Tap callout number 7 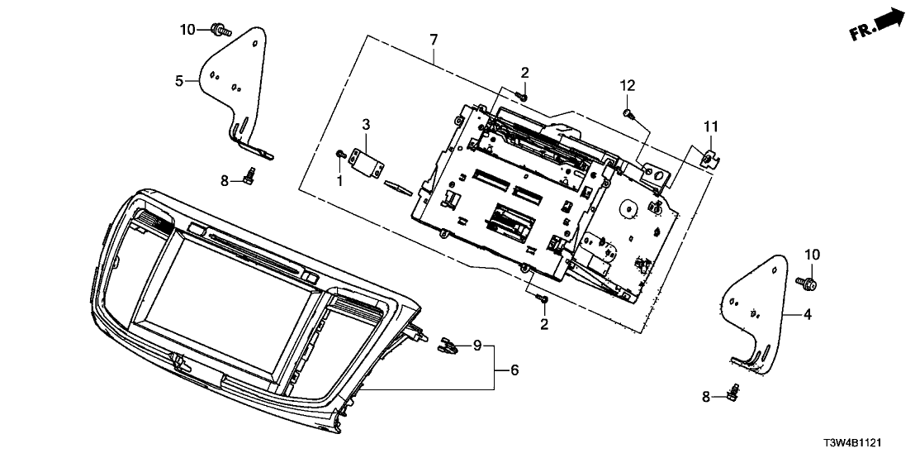(434, 39)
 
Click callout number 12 (628, 85)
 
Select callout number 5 (178, 81)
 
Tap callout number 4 (808, 314)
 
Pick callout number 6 (514, 370)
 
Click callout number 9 (476, 345)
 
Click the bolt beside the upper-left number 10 (220, 31)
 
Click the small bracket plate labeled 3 (367, 160)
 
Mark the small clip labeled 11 (705, 155)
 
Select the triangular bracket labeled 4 (756, 310)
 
